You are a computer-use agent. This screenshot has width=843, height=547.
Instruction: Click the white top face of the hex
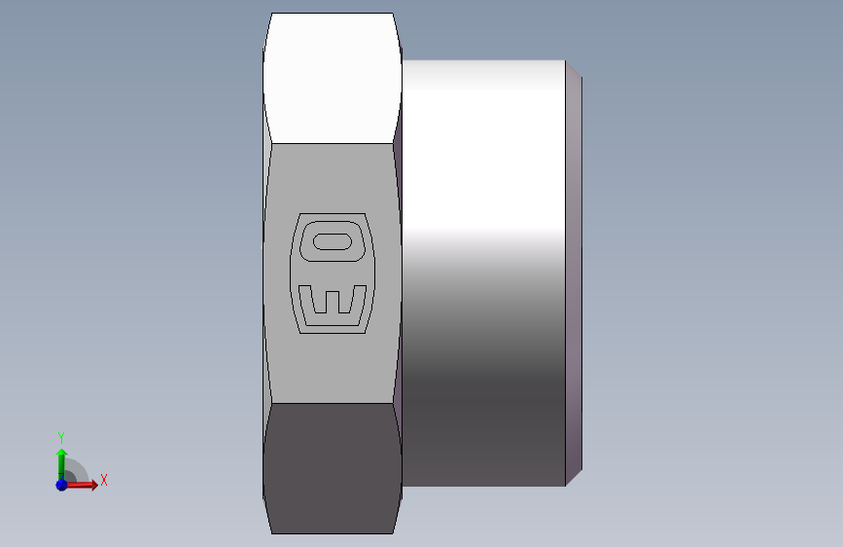333,78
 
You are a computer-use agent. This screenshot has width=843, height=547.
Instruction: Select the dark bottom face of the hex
333,468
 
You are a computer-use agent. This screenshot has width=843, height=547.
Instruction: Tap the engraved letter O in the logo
333,241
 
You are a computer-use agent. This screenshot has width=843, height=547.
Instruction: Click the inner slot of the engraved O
333,241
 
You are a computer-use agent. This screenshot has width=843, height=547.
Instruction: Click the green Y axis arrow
61,464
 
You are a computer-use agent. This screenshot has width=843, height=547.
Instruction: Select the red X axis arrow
81,485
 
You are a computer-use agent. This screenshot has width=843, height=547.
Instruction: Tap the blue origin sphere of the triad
61,485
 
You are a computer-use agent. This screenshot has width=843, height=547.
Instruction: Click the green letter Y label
61,437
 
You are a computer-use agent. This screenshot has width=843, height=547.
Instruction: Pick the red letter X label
104,480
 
